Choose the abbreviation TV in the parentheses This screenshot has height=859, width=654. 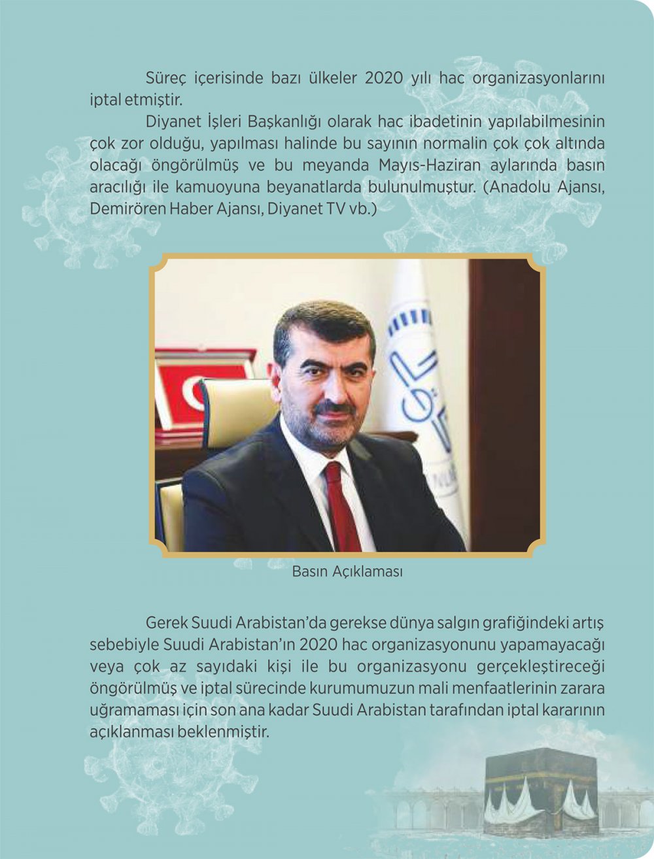328,208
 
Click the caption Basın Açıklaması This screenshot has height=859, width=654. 347,571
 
